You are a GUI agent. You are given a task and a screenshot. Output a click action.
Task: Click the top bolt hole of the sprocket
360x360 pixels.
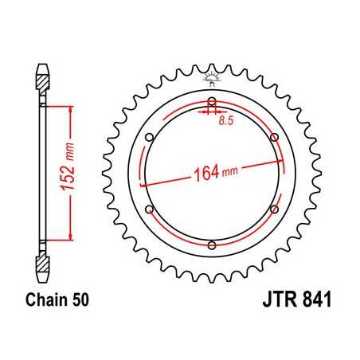[212, 102]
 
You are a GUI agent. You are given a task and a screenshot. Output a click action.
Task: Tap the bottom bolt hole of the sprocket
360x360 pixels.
[212, 245]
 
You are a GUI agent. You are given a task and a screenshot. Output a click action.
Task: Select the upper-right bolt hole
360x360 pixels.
[274, 138]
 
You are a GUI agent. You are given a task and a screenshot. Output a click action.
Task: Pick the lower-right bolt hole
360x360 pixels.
[274, 209]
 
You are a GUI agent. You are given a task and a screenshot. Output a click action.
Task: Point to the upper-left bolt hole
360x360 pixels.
[150, 138]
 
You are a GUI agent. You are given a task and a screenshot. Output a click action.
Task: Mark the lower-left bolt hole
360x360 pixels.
[150, 209]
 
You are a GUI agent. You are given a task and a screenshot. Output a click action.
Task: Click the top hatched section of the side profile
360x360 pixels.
[42, 78]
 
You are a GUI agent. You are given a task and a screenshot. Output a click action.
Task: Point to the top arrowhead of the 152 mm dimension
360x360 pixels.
[72, 112]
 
